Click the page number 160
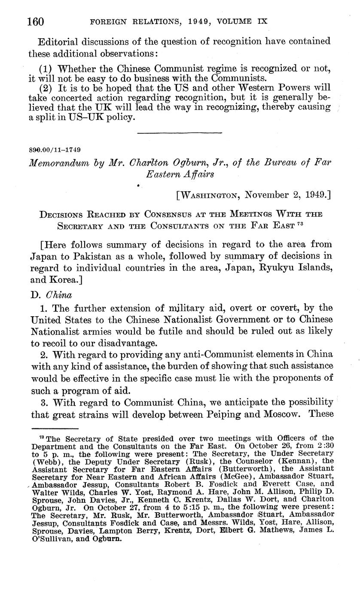[37, 21]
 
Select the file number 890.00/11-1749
[54, 150]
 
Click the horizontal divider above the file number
[179, 133]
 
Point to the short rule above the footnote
[55, 428]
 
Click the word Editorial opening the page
[61, 42]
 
